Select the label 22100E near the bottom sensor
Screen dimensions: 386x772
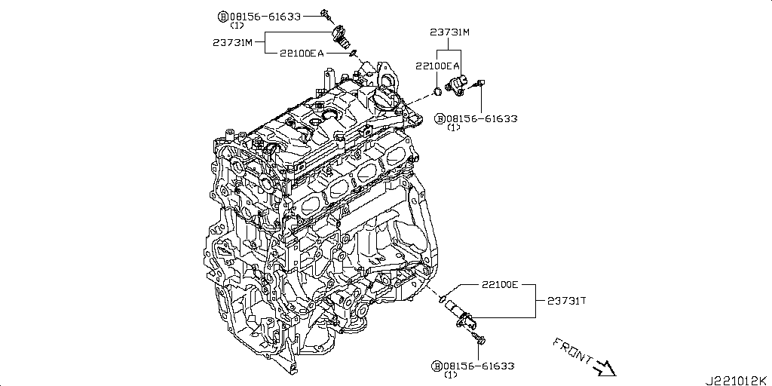(x=501, y=286)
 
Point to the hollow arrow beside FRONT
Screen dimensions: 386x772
(x=605, y=368)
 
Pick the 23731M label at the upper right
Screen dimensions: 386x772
(x=449, y=32)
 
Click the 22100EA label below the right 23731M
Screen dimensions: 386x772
(x=437, y=66)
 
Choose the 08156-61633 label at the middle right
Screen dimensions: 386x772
(x=482, y=118)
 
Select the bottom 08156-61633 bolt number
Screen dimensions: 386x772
(x=479, y=366)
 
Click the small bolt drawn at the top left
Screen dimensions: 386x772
(x=326, y=14)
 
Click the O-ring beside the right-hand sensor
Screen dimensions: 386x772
(x=437, y=93)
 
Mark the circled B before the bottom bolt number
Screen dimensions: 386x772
(x=437, y=366)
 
